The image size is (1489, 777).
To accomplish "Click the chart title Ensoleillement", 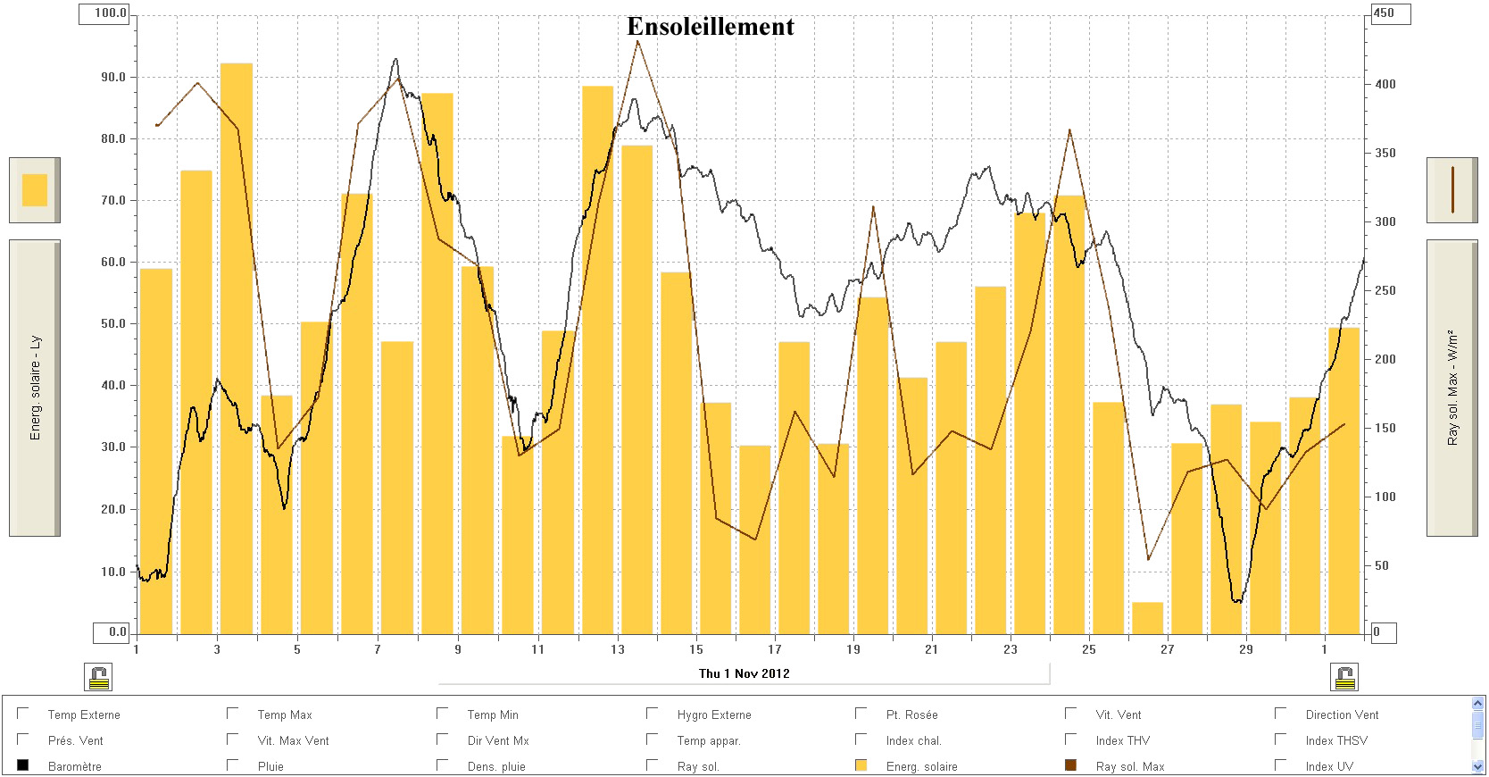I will (710, 27).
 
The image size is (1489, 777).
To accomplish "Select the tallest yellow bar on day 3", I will (237, 348).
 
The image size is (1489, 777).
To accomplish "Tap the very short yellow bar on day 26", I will (1147, 618).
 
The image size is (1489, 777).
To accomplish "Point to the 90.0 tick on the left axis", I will (113, 78).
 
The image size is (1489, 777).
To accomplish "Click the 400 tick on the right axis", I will (1385, 84).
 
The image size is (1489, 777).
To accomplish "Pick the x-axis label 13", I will (618, 649).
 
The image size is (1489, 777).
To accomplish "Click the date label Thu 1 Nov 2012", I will (744, 673).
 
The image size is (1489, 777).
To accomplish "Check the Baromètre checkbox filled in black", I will (23, 765).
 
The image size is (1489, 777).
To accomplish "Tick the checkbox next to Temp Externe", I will (23, 714).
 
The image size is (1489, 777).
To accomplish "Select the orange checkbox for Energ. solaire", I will (861, 765).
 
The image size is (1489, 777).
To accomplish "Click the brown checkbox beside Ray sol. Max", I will (1071, 765).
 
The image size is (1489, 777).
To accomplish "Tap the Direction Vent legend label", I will (1342, 714).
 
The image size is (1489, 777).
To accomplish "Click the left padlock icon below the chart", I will (99, 678).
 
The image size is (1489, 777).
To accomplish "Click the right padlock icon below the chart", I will (1344, 678).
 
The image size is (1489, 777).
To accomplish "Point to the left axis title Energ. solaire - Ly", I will (36, 388).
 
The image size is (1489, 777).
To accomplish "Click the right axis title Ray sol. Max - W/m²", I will (1452, 388).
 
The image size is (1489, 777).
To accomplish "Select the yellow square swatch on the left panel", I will (35, 190).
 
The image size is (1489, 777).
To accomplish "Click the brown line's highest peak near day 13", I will (637, 41).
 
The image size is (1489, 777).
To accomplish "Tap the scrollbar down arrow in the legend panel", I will (1477, 766).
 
